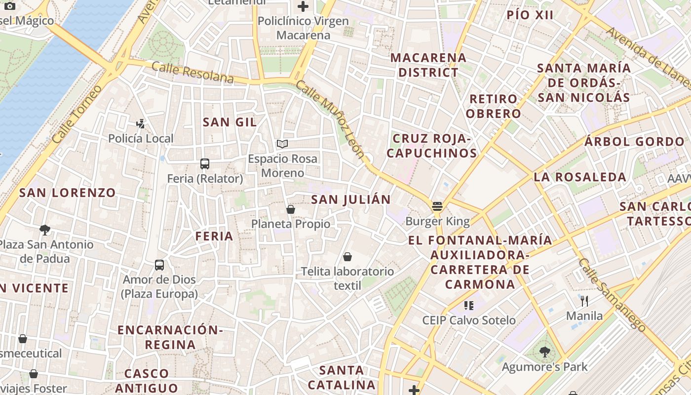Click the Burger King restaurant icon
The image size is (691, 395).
437,206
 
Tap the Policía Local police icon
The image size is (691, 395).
141,123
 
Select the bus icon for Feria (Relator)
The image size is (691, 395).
204,163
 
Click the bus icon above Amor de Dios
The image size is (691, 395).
159,265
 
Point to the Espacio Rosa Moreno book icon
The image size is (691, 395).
282,144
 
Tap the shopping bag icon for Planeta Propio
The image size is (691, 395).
291,209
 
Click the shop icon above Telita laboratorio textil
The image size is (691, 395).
347,257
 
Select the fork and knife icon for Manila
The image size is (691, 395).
584,301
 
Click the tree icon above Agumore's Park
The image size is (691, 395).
544,352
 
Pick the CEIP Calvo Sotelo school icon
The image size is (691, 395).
468,306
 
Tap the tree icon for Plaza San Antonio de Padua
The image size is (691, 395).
45,230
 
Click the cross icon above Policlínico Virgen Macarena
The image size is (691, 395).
303,6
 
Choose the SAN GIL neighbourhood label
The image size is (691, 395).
230,122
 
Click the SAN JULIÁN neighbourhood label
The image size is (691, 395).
350,199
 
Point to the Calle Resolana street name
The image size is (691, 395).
192,73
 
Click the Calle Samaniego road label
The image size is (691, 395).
612,295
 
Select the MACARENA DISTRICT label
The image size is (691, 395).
428,65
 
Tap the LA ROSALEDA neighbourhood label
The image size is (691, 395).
579,177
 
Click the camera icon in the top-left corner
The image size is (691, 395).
9,6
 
